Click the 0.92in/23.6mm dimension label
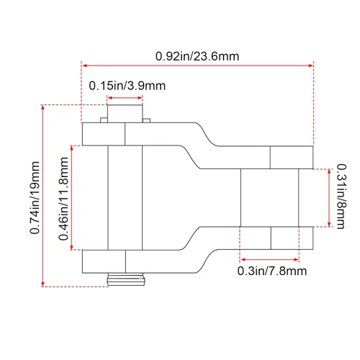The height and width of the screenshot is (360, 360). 197,56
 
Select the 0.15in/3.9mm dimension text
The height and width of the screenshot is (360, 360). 127,86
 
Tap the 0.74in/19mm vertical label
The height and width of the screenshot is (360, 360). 35,197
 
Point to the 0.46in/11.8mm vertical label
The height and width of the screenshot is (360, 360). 63,199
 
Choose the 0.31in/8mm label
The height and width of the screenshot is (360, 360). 341,197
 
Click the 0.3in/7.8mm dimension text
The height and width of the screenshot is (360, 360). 272,271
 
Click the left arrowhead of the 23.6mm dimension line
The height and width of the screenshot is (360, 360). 84,66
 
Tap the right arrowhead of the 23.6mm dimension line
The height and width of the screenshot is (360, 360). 311,66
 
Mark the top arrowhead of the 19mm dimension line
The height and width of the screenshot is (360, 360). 43,107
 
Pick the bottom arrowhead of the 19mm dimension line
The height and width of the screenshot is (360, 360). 43,284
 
